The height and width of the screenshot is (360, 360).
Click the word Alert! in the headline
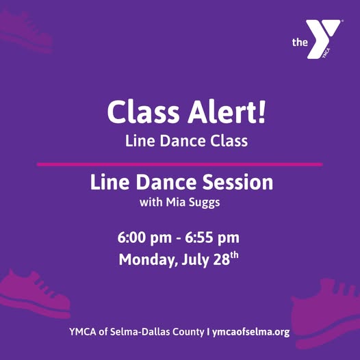click(227, 112)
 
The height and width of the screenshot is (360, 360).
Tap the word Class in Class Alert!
click(143, 112)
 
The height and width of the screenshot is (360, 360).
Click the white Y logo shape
click(323, 39)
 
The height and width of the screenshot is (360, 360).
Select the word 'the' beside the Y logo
click(300, 42)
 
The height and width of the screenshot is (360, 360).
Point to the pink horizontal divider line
click(180, 164)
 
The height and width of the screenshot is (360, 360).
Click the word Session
click(237, 182)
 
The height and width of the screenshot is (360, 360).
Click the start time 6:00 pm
click(144, 238)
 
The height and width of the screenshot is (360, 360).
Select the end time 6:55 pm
click(212, 238)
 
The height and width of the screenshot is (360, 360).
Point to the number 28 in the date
click(221, 259)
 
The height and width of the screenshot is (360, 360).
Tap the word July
click(195, 260)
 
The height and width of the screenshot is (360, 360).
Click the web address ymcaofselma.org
click(250, 332)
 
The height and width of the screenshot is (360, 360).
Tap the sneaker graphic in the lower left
click(34, 295)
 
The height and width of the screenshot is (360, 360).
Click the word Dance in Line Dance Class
click(183, 141)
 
